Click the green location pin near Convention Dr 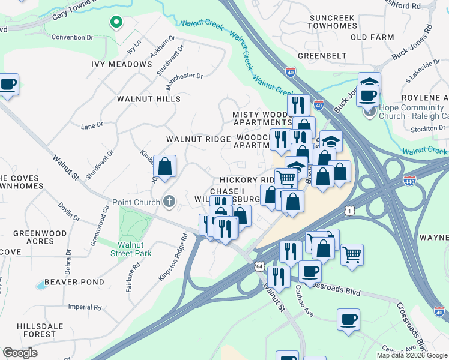[116, 23]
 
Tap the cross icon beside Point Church [170, 202]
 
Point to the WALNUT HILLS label [148, 98]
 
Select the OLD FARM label [372, 37]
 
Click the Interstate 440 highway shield [410, 179]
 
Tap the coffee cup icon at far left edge [8, 85]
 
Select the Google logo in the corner [20, 353]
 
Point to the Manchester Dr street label [185, 76]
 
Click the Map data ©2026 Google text [412, 355]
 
